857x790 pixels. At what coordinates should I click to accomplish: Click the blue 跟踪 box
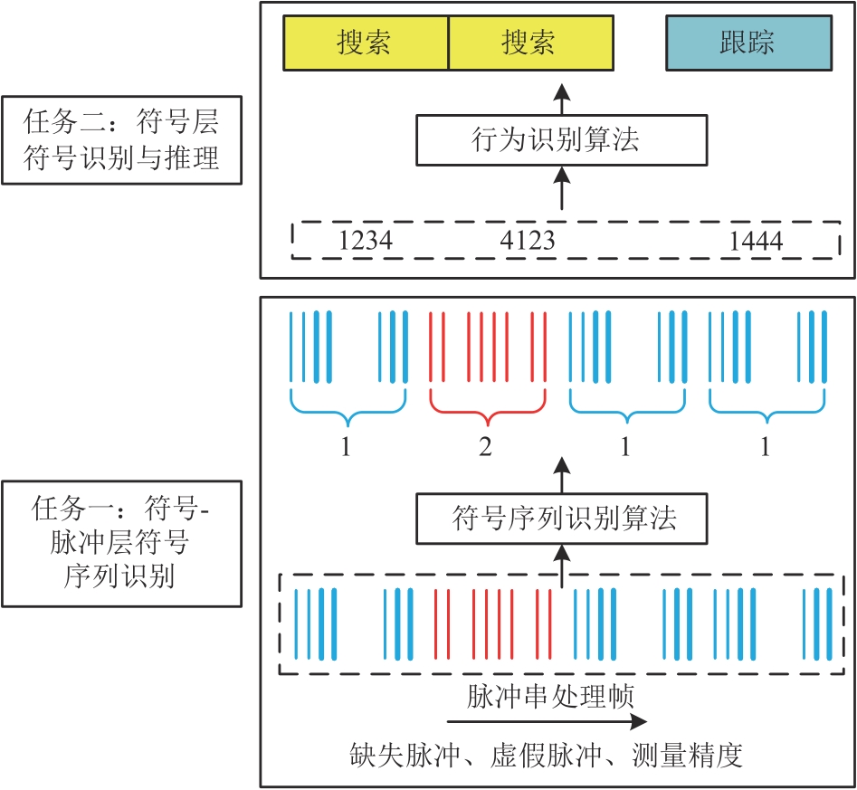pos(747,43)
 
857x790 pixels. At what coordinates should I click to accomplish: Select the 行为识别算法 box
pos(561,140)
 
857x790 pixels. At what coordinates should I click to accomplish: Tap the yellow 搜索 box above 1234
pos(366,43)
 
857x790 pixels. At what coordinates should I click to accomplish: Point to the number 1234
pos(366,241)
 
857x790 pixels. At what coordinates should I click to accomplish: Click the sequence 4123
pos(528,241)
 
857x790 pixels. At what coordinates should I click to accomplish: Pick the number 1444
pos(756,241)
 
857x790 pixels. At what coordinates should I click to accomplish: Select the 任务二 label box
pos(121,140)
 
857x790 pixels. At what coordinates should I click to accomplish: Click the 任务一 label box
pos(121,543)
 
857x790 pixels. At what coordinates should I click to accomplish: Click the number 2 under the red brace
pos(486,447)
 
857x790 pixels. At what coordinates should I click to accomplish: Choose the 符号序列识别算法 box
pos(561,519)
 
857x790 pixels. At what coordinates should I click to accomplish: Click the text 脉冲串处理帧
pos(549,698)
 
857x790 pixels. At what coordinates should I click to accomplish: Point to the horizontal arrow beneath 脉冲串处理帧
pos(548,721)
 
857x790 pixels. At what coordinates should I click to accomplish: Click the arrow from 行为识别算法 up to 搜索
pos(562,98)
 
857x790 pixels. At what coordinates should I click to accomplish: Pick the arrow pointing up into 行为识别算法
pos(562,189)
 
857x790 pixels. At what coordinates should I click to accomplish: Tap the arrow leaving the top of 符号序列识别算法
pos(562,476)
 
